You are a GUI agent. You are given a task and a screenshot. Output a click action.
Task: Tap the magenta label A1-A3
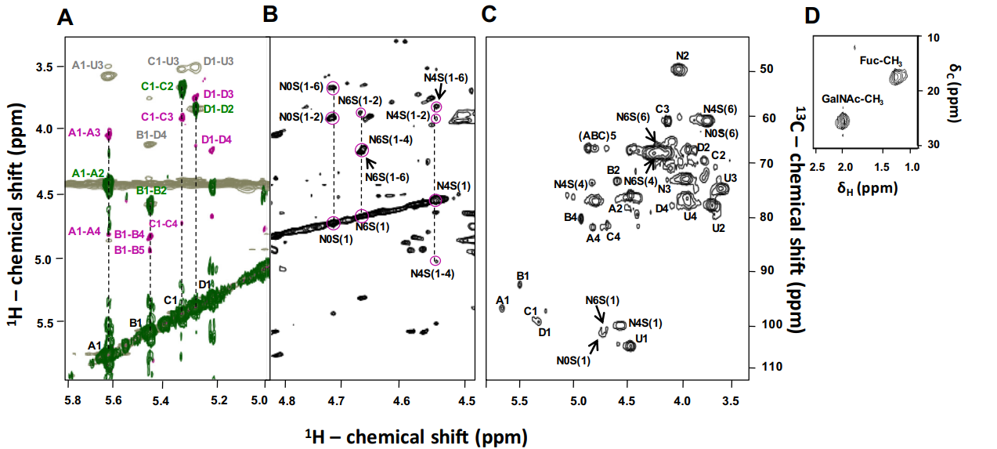tap(85, 132)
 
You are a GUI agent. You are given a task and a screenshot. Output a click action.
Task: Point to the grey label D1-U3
tap(219, 61)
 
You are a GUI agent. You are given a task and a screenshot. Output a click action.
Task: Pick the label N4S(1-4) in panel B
tap(432, 273)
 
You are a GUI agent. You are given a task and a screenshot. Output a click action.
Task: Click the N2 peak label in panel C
tap(682, 55)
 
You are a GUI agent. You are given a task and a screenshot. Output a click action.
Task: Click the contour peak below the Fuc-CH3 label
tap(898, 77)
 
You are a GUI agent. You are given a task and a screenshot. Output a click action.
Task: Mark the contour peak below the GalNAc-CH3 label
tap(843, 121)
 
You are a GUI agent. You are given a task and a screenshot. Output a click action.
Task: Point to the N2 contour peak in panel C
tap(679, 69)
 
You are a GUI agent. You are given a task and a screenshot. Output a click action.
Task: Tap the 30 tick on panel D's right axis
tap(934, 145)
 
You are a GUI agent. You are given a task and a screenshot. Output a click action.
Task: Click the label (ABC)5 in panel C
tap(597, 135)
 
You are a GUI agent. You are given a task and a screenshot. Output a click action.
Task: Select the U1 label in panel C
tap(641, 339)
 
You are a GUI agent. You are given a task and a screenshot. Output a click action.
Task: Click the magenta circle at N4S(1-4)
tap(435, 261)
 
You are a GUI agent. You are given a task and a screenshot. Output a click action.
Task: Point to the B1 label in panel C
tap(523, 276)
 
